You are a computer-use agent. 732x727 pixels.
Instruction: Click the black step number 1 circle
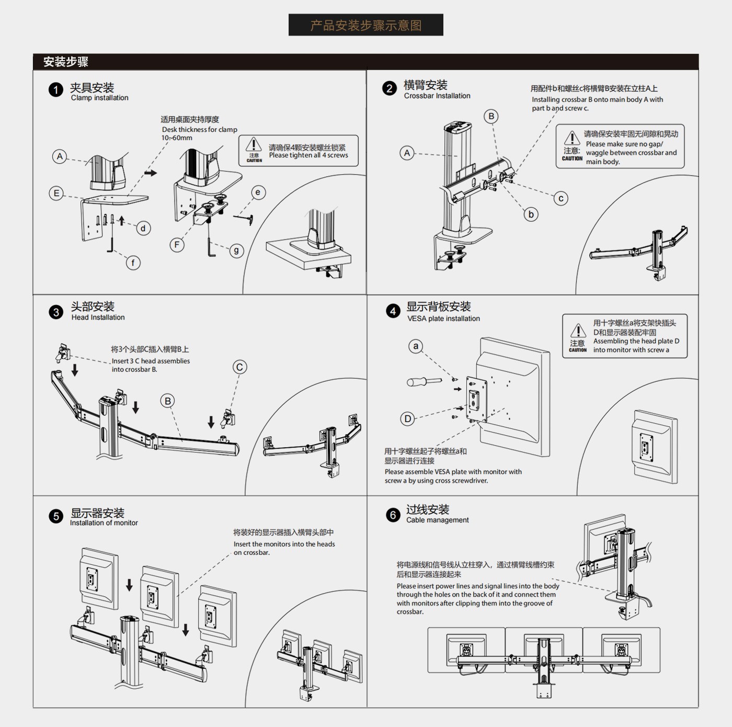[56, 90]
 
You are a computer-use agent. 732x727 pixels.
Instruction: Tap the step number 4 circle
[393, 312]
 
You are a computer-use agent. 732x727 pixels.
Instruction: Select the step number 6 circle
[393, 515]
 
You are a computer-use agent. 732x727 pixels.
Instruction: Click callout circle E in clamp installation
[56, 193]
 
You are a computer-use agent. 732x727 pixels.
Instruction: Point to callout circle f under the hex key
[133, 263]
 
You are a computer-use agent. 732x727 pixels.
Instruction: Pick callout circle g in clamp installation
[236, 251]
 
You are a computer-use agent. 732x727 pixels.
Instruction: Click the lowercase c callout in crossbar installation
[561, 198]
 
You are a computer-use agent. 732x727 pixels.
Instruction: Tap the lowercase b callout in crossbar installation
[531, 214]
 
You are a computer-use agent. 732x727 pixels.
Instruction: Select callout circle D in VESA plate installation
[407, 418]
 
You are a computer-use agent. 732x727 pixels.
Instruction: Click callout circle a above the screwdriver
[416, 346]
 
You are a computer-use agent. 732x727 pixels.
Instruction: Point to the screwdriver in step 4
[424, 381]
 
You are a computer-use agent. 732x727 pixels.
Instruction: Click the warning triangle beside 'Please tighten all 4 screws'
[254, 144]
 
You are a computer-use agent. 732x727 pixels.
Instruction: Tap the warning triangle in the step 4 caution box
[578, 331]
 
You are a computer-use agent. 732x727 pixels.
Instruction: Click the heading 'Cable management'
[437, 520]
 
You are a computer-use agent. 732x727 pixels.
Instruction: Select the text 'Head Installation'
[98, 317]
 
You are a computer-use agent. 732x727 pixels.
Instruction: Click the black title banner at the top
[365, 25]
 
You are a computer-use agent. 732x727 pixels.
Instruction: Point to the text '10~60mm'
[177, 138]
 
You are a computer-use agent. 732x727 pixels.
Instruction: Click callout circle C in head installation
[239, 367]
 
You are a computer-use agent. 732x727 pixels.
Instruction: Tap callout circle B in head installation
[167, 401]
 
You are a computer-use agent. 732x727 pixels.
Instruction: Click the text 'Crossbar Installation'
[437, 96]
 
